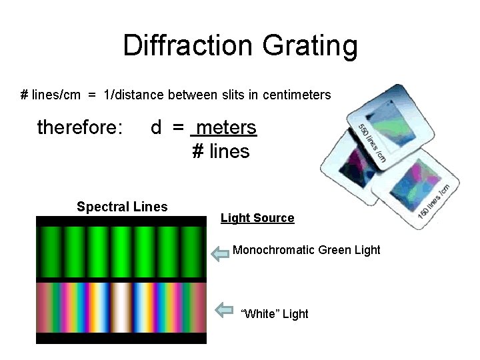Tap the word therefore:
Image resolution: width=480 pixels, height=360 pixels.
(x=80, y=127)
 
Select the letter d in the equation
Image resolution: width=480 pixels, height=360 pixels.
(x=156, y=127)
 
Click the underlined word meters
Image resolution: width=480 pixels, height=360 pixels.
(x=227, y=127)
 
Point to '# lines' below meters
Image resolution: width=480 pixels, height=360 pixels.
(x=221, y=152)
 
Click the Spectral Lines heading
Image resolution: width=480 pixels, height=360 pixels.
(x=122, y=207)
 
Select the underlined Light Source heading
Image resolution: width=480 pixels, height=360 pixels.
(x=257, y=218)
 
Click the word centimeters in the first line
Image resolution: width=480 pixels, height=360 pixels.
(x=297, y=95)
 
